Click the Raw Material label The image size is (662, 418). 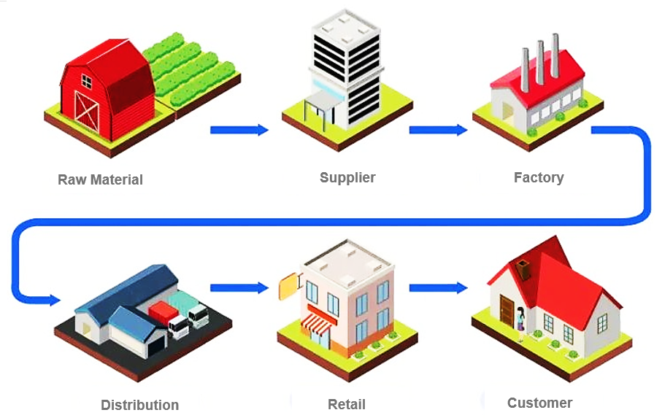coord(100,179)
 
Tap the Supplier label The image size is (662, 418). coord(347,177)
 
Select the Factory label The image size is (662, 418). coord(539,177)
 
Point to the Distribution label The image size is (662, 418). coord(139,405)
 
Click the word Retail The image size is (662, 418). coord(347,404)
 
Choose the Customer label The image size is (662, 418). coord(539,403)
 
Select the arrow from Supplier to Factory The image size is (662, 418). coord(437,131)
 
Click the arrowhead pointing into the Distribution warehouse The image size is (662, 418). coord(53,299)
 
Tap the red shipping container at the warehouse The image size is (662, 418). coord(161,313)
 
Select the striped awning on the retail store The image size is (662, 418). coord(318,322)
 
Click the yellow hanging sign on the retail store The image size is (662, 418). coord(288,286)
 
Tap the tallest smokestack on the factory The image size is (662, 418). coord(555,55)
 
